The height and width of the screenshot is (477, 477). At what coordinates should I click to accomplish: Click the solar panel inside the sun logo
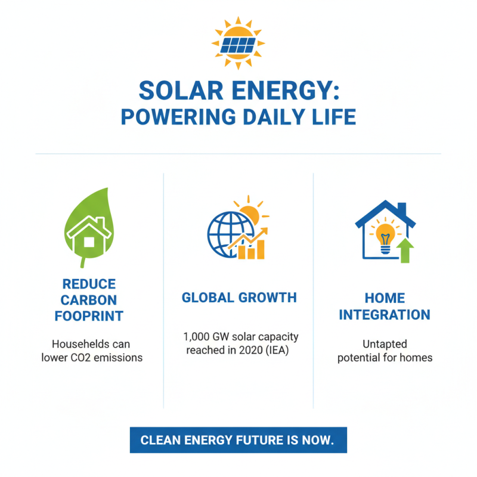(238, 44)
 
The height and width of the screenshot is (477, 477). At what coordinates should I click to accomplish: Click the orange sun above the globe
(249, 213)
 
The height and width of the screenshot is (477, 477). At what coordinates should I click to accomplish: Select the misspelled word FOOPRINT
(89, 316)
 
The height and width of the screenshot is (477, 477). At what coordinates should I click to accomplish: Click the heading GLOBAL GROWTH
(238, 298)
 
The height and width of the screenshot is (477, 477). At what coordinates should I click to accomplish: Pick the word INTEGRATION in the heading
(385, 314)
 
